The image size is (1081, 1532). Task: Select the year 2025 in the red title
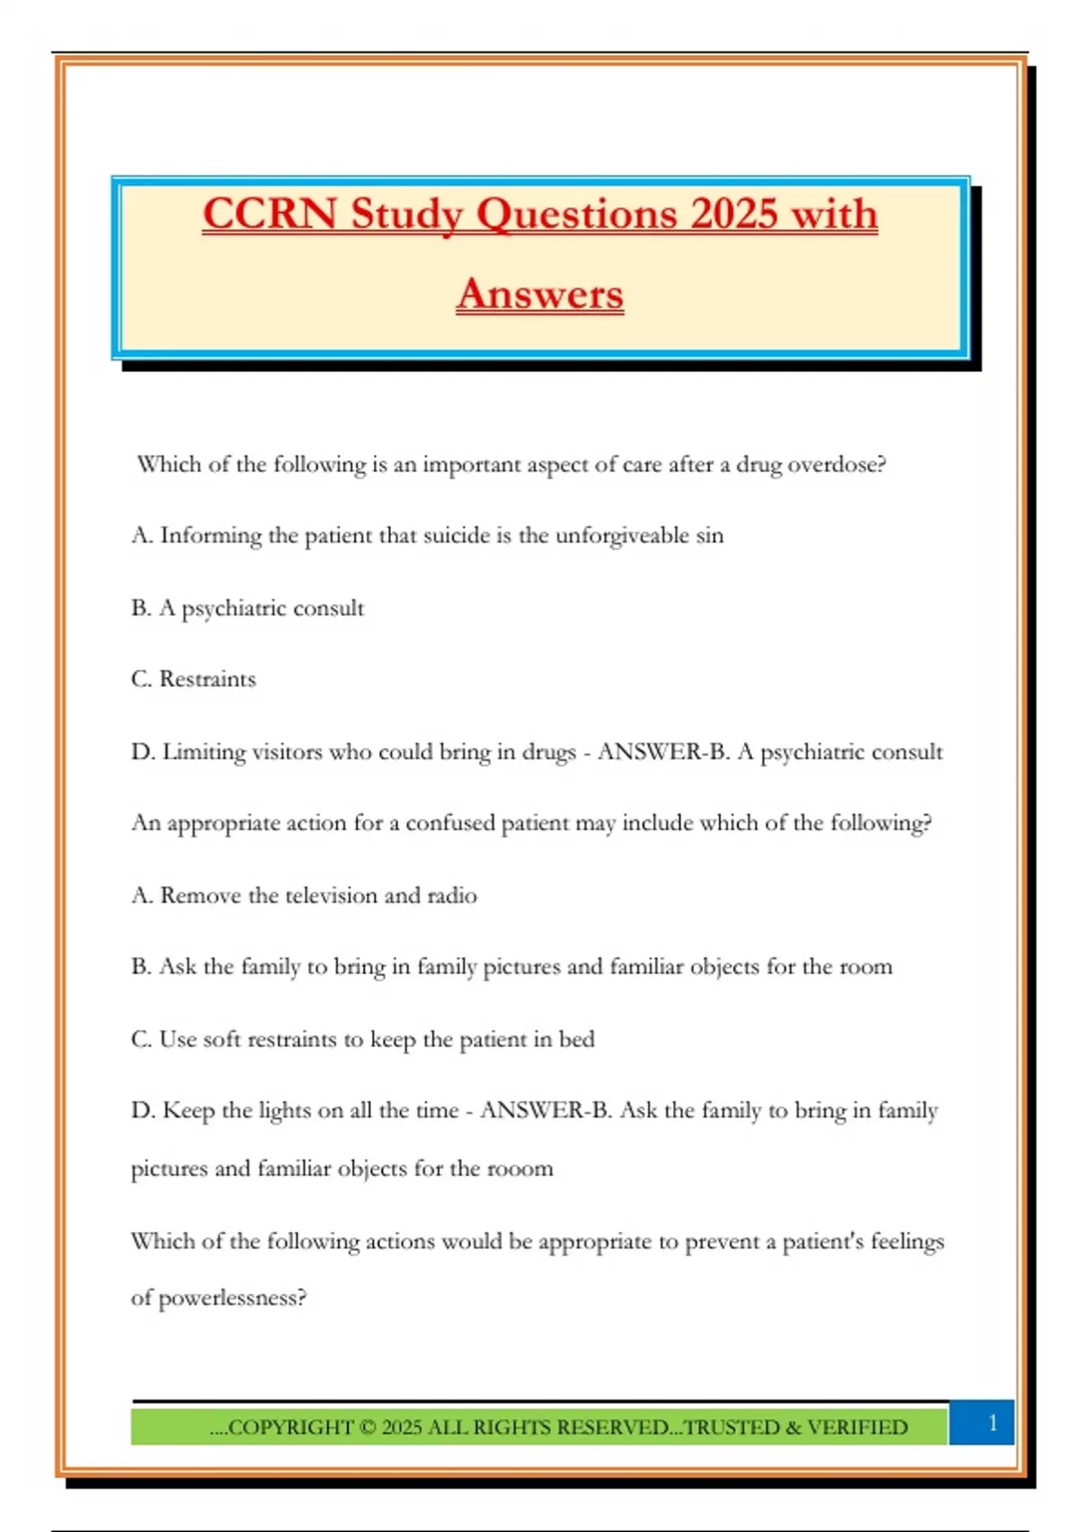click(x=734, y=214)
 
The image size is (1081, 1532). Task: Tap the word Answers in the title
click(x=540, y=294)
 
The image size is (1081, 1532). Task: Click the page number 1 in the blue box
click(x=993, y=1423)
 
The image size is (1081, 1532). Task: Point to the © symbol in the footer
click(x=368, y=1427)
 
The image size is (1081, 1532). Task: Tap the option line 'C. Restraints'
click(x=194, y=679)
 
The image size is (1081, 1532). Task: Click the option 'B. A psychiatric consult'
click(x=248, y=608)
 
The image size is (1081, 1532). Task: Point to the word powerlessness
click(x=232, y=1299)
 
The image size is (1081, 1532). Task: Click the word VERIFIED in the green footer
click(x=858, y=1427)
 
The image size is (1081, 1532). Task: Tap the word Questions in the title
click(x=577, y=214)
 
